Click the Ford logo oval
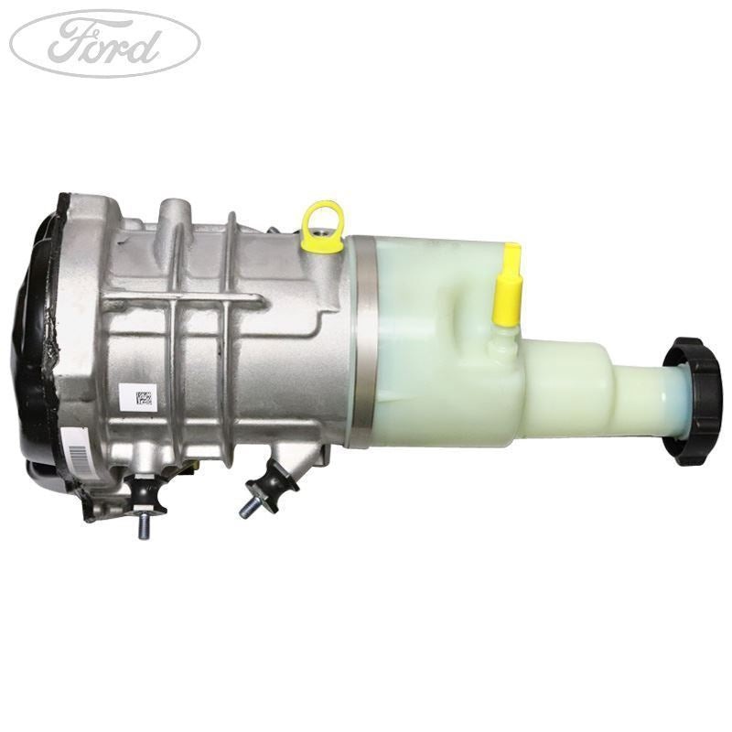[x=104, y=44]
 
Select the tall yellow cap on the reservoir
[x=506, y=285]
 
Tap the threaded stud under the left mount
[x=145, y=525]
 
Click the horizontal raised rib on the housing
[x=183, y=297]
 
